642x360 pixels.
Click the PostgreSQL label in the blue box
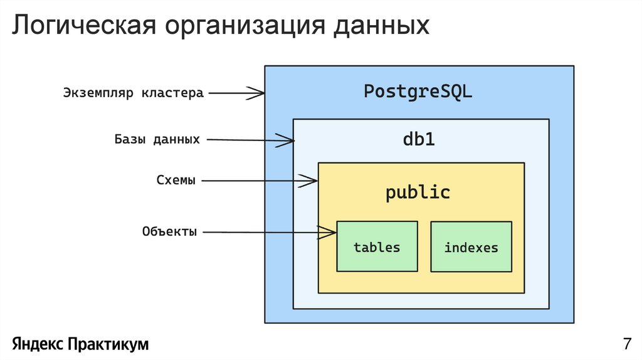(418, 92)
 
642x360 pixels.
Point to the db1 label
(418, 139)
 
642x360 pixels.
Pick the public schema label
(418, 192)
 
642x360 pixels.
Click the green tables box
(377, 246)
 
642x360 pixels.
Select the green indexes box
(471, 247)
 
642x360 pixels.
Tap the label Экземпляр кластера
(133, 93)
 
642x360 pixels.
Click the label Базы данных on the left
(157, 139)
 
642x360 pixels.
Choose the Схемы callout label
(176, 181)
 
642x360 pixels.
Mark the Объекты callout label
(169, 232)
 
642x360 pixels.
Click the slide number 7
(626, 344)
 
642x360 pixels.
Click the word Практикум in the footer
(108, 344)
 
